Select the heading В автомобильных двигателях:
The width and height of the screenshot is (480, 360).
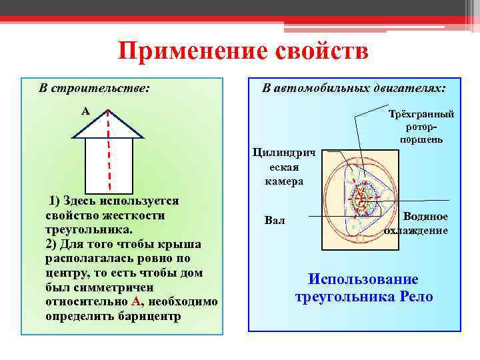[x=354, y=88]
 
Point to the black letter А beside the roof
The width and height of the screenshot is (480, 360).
[x=85, y=111]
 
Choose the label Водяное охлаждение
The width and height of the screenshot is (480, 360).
[x=416, y=224]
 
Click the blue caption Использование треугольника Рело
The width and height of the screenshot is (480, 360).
[x=363, y=288]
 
